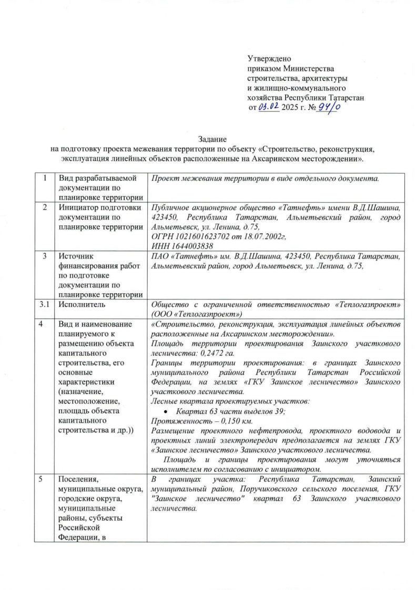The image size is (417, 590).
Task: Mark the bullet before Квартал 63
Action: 166,412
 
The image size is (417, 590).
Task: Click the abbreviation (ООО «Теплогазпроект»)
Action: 196,314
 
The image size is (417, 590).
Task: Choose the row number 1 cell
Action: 47,179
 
